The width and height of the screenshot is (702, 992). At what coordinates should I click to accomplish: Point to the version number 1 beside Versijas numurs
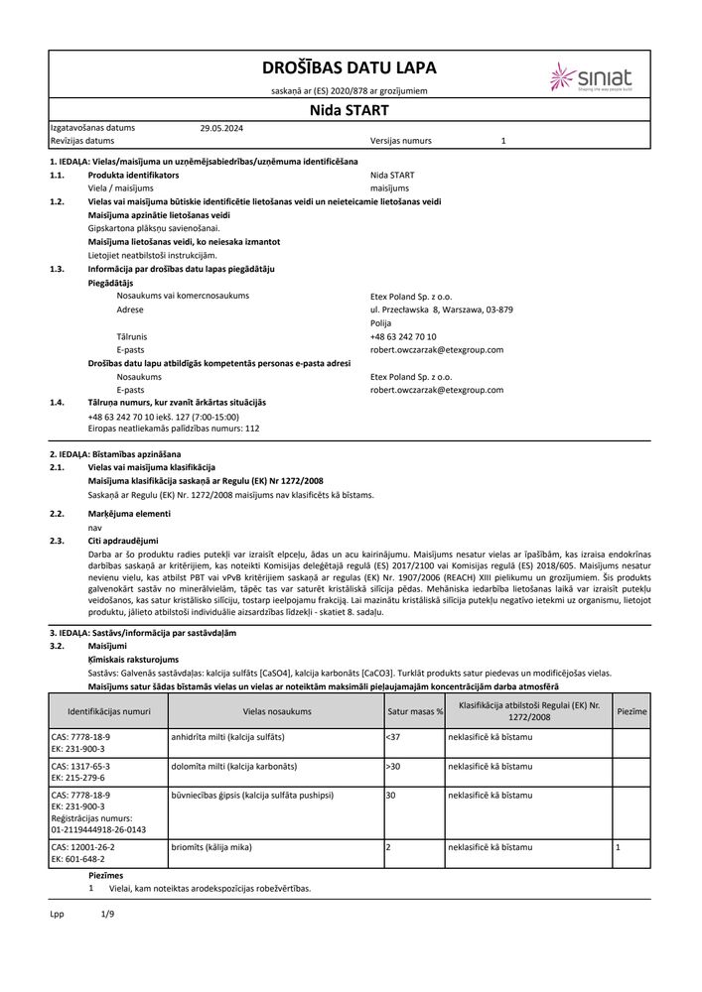click(503, 142)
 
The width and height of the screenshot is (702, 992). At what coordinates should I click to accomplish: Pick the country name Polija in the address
click(380, 323)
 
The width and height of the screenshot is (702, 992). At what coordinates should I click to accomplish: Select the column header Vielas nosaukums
click(277, 711)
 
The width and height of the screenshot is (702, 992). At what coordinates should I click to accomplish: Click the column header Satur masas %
click(414, 711)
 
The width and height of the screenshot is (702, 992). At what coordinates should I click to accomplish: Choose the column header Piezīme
click(632, 711)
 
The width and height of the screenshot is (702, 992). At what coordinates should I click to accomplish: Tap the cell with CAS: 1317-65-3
click(81, 767)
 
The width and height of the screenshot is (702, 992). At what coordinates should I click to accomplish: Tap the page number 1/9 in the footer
click(108, 914)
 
